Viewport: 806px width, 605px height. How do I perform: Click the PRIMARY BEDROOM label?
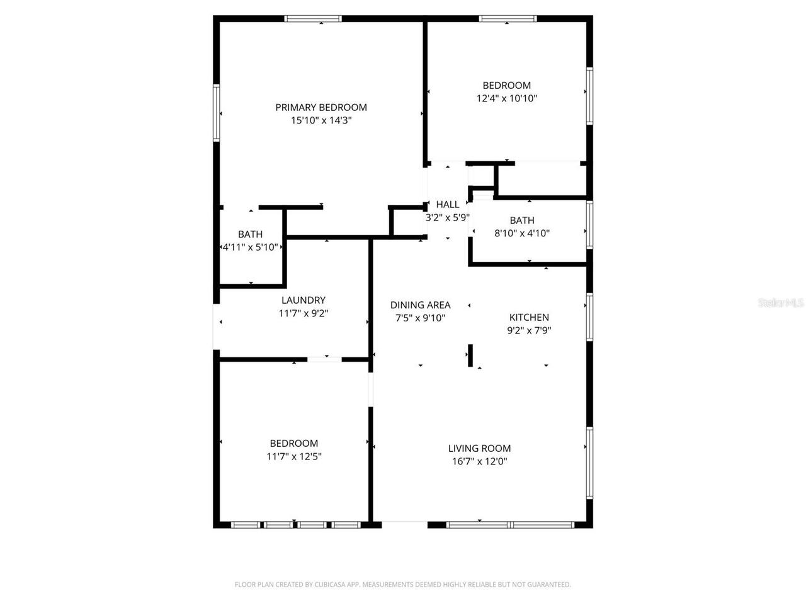click(321, 107)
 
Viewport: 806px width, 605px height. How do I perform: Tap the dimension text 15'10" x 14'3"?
click(321, 120)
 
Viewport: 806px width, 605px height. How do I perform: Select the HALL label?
click(448, 204)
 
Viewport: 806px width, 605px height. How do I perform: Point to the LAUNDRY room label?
click(304, 301)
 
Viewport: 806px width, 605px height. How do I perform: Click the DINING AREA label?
click(421, 305)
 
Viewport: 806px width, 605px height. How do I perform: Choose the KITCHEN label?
click(529, 317)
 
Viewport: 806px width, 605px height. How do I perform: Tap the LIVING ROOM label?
click(479, 449)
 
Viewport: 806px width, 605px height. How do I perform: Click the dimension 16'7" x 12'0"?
click(479, 461)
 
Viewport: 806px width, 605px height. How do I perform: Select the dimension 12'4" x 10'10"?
click(507, 98)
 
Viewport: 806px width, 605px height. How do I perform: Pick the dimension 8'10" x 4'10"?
click(522, 233)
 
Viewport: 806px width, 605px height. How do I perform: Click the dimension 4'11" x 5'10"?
click(251, 248)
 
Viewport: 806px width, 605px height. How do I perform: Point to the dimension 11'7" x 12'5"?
click(294, 456)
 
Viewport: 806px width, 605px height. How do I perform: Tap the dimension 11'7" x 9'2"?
click(304, 313)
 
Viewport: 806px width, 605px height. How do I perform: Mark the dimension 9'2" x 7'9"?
click(529, 330)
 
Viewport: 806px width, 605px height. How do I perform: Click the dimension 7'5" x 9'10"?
click(421, 318)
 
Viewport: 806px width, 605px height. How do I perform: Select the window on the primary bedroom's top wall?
click(313, 18)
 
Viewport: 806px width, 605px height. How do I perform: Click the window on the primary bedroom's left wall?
click(216, 113)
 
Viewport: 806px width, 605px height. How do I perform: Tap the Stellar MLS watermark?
click(781, 303)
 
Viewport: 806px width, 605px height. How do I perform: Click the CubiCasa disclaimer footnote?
click(403, 585)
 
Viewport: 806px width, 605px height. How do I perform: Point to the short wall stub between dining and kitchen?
click(470, 355)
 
